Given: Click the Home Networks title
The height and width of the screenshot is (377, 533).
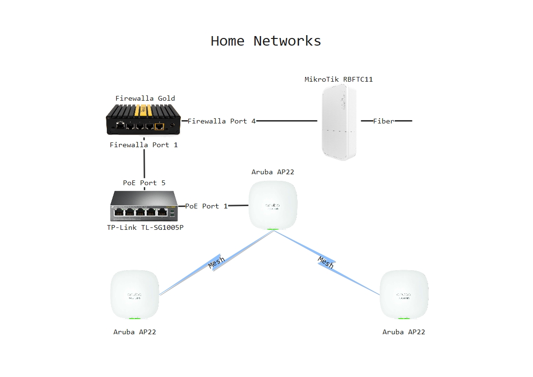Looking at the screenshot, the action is (266, 41).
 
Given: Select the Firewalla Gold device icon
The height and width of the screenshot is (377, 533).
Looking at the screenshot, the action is (143, 120).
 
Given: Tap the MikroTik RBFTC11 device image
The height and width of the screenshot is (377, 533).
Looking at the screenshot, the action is (339, 123).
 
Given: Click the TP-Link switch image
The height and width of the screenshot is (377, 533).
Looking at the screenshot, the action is (144, 206).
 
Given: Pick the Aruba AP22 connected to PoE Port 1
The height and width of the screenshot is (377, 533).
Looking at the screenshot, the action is (273, 205).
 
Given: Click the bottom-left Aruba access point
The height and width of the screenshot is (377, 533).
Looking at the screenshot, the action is (135, 294).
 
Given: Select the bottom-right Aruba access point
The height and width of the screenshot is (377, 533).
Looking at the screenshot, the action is (404, 294).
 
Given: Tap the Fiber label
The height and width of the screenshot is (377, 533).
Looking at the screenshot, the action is (384, 121).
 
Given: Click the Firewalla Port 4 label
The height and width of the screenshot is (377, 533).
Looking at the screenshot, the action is (222, 121).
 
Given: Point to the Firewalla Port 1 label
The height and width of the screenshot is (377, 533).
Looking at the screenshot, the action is (143, 145).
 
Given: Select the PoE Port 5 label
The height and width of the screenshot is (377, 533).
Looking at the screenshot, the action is (144, 183).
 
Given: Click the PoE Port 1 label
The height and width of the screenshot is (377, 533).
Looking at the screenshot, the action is (206, 206).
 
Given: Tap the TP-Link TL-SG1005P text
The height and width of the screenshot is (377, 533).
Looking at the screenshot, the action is (145, 227).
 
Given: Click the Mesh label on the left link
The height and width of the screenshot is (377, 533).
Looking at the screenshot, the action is (216, 262).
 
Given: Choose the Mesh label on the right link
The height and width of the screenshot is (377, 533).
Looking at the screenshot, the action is (326, 262).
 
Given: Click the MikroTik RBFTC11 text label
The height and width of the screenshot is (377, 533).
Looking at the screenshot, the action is (338, 79).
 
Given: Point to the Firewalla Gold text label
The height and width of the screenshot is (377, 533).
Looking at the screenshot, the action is (145, 98).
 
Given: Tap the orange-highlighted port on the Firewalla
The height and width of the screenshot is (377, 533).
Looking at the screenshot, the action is (159, 126).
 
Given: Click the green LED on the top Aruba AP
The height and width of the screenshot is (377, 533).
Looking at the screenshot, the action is (272, 229).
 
